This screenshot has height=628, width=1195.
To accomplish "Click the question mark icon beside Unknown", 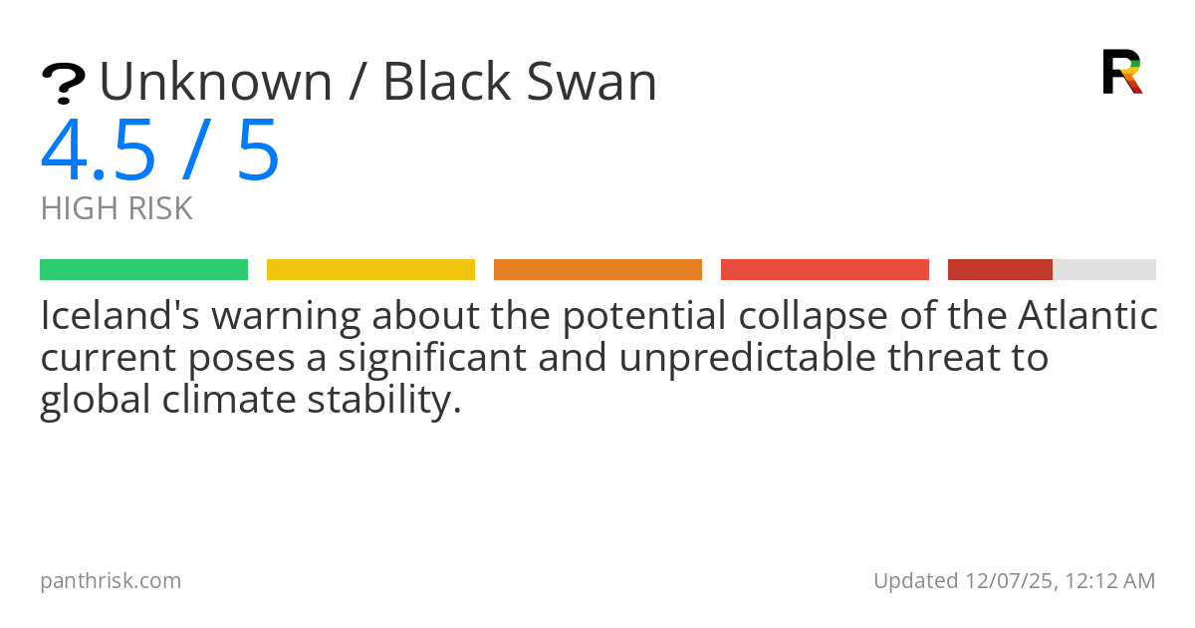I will [63, 83].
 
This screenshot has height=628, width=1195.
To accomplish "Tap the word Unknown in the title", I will [216, 82].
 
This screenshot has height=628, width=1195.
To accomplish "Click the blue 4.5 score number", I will [99, 152].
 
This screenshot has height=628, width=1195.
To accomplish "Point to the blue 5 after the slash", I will [258, 152].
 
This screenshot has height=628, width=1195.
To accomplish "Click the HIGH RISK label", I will [117, 209].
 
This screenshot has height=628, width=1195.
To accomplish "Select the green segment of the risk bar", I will [143, 270].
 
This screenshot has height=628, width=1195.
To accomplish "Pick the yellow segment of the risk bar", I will [370, 270].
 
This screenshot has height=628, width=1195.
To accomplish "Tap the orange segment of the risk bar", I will [597, 270].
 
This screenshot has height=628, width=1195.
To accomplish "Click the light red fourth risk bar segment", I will [825, 270].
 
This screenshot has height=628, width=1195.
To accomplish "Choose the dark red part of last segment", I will [1000, 270].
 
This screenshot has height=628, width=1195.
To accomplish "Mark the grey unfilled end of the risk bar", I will [1104, 270].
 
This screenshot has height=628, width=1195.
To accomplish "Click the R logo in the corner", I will [1121, 72].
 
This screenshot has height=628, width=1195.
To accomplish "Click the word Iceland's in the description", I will [119, 317].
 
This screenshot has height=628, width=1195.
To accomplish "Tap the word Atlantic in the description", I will [1087, 317].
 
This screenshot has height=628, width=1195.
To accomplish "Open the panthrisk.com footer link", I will [111, 581].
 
